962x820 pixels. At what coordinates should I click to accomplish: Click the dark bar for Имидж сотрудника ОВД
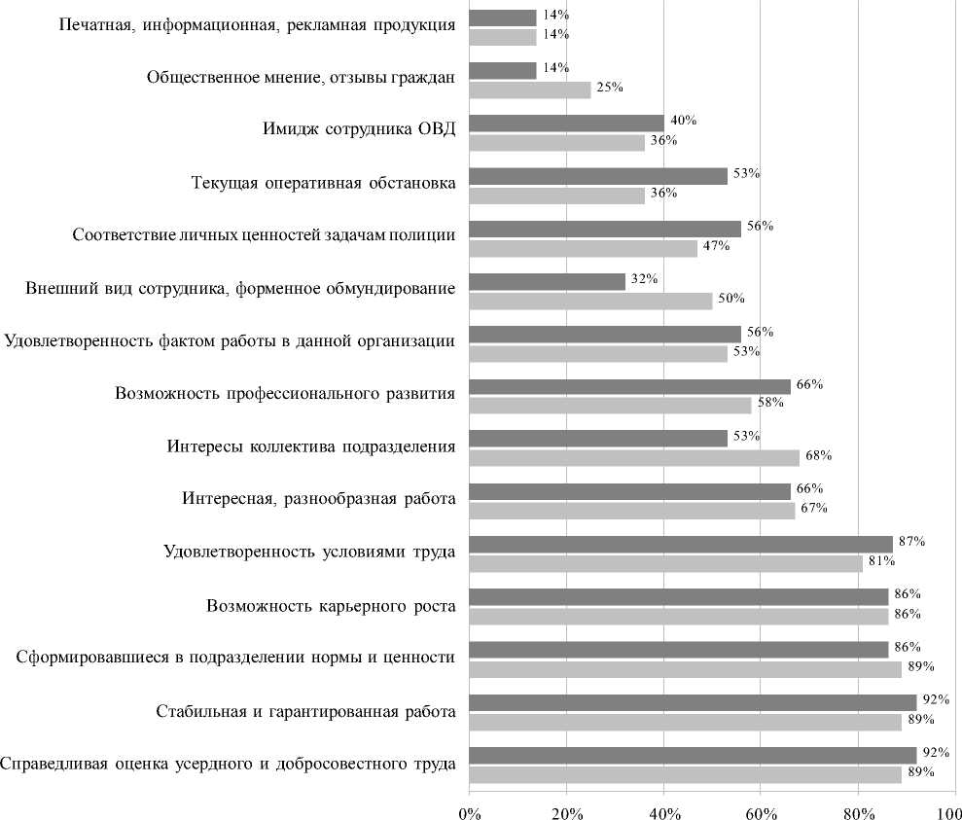tap(566, 124)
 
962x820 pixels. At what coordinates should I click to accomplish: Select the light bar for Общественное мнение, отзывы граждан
tap(529, 89)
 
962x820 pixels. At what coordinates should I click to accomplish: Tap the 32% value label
tap(644, 279)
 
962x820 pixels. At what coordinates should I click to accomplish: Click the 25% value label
tap(610, 88)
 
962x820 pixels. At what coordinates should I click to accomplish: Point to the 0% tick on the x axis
tap(469, 808)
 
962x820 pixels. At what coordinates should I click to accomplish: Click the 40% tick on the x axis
tap(663, 808)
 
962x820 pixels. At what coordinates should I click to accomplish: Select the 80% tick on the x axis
tap(858, 808)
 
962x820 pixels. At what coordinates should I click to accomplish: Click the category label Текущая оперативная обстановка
tap(323, 184)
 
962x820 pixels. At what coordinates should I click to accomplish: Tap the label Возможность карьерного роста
tap(331, 605)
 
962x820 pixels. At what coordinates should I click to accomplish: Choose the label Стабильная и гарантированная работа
tap(305, 711)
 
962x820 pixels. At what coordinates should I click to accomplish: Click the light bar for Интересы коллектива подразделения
tap(633, 457)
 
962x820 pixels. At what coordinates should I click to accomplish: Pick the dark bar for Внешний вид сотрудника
tap(547, 281)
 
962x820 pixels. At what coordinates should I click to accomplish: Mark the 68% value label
tap(818, 455)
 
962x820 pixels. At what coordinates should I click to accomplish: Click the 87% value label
tap(910, 542)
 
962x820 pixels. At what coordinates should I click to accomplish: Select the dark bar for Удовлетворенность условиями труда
tap(680, 544)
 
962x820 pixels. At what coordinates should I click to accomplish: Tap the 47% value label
tap(717, 245)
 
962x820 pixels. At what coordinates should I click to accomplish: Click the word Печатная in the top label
tap(94, 25)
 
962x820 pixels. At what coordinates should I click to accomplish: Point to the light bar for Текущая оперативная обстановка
tap(556, 195)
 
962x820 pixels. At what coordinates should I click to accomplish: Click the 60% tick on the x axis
tap(761, 808)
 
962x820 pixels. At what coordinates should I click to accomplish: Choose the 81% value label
tap(881, 561)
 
